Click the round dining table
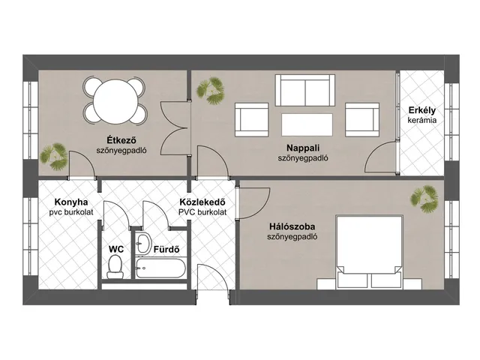coord(115,102)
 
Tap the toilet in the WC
coord(115,267)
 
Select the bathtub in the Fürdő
coord(160,268)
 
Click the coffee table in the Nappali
coord(307,125)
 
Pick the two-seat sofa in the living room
coord(305,90)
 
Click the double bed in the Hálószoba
coord(369,252)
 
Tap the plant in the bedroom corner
coord(424,199)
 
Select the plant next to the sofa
coord(211,91)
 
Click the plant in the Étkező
coord(54,157)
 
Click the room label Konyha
coord(71,202)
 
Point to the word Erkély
coord(421,110)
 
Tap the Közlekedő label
coord(202,202)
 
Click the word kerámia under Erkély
coord(421,120)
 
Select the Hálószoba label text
coord(292,226)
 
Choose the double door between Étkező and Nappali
coord(175,128)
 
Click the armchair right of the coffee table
coord(362,120)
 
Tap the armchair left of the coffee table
coord(252,120)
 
